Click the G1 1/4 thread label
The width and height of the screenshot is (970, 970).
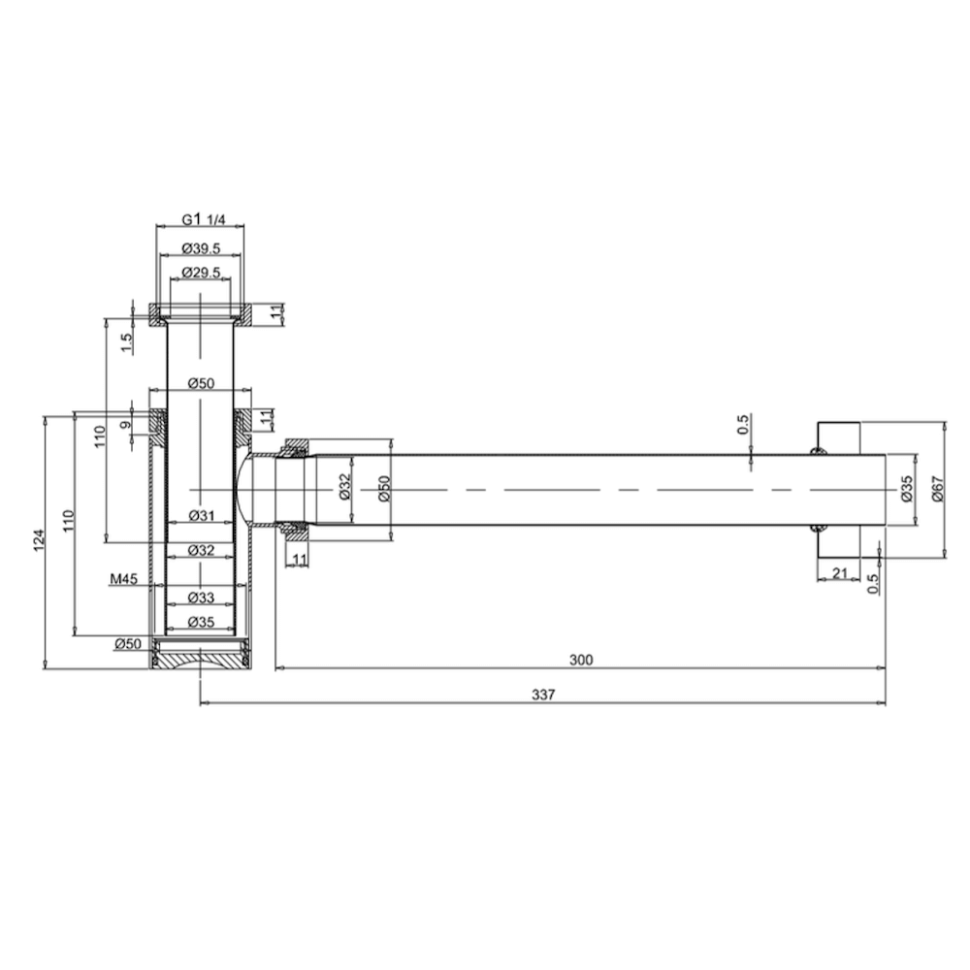(x=204, y=219)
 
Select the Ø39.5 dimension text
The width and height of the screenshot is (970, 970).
(x=201, y=248)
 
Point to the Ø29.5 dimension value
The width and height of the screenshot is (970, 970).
(x=201, y=273)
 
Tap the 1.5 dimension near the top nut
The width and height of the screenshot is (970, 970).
(x=126, y=342)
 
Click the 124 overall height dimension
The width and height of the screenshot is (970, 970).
(x=39, y=540)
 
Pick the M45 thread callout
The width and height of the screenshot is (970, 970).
(x=124, y=579)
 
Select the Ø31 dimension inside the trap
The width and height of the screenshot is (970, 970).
(x=201, y=515)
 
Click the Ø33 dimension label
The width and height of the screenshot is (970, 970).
(x=201, y=598)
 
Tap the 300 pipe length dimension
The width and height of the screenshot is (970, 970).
(x=581, y=660)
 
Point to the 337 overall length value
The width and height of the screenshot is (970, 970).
(x=543, y=695)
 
